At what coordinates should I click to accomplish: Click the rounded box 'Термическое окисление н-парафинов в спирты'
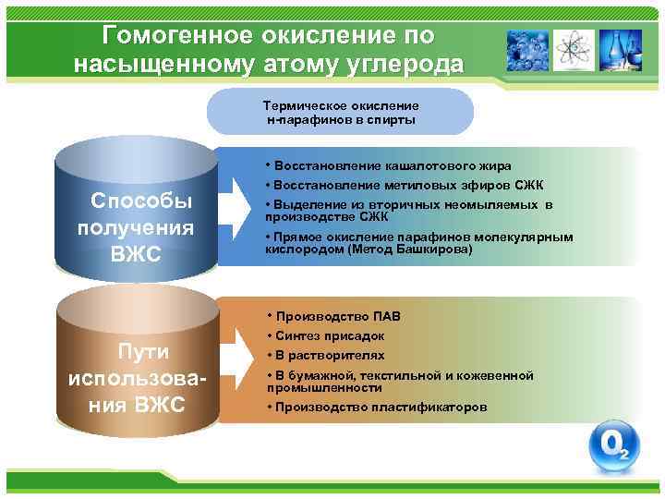pyautogui.click(x=340, y=113)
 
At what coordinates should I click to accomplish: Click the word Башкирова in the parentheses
pyautogui.click(x=434, y=249)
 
